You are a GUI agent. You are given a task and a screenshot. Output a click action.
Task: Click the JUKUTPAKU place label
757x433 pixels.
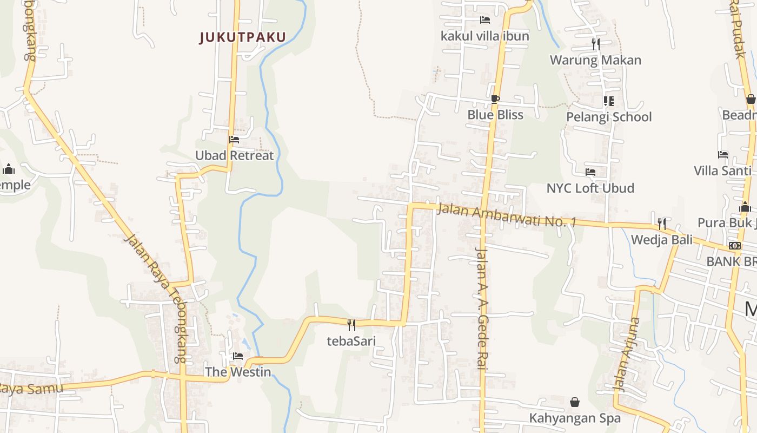click(x=242, y=37)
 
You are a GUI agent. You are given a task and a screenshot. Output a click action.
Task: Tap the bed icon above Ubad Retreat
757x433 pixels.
click(x=234, y=140)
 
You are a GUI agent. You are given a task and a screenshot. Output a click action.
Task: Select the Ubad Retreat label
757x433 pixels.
click(x=234, y=155)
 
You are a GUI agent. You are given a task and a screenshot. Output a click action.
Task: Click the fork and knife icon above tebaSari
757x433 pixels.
click(x=351, y=325)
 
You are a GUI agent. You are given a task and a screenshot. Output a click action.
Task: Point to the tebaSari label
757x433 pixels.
click(x=351, y=341)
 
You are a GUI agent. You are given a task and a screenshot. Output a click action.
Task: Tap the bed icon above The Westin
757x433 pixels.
click(x=237, y=356)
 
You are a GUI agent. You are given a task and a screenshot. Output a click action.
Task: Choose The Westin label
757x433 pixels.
click(x=237, y=372)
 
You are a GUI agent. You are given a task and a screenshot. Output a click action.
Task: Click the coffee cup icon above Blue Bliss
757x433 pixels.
click(x=495, y=99)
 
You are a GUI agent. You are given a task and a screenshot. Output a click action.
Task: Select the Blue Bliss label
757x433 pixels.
click(x=495, y=115)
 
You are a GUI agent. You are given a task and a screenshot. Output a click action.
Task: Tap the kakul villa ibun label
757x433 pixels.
click(x=485, y=36)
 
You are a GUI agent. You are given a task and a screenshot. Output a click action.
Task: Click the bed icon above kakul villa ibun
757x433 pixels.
click(x=485, y=20)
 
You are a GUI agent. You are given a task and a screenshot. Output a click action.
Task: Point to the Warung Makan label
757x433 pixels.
click(x=595, y=60)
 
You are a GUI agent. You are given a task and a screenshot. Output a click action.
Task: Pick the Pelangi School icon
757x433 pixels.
click(x=609, y=101)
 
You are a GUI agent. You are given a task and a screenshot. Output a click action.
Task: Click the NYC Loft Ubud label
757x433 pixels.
click(x=590, y=188)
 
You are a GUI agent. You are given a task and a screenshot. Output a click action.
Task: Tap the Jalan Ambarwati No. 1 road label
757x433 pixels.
click(x=507, y=214)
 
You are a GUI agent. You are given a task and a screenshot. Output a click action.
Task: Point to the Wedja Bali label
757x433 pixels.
click(x=661, y=239)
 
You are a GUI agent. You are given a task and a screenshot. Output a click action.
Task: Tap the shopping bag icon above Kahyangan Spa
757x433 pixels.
click(x=575, y=402)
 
